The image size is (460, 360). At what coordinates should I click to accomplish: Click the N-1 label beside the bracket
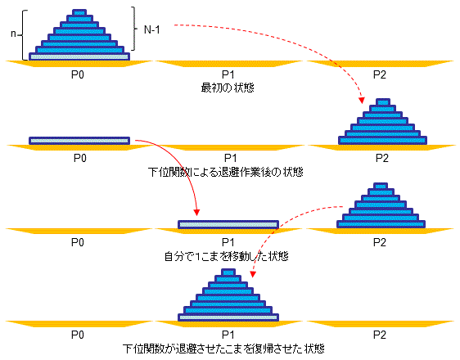[152, 30]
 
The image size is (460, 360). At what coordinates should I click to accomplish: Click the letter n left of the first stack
[13, 34]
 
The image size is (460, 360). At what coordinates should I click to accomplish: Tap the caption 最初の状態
[228, 88]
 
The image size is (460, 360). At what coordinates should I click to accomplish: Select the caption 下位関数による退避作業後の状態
[226, 172]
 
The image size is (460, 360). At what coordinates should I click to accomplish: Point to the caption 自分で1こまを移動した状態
[226, 257]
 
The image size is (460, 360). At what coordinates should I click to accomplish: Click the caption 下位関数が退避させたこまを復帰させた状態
[223, 349]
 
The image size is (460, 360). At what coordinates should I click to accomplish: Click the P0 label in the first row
[78, 74]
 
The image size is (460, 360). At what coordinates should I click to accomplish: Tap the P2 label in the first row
[379, 74]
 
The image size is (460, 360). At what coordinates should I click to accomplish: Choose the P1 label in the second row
[230, 158]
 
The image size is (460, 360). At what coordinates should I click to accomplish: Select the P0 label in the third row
[78, 242]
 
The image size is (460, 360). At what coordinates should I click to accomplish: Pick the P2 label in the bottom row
[379, 335]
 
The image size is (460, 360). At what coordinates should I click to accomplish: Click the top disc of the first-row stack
[79, 12]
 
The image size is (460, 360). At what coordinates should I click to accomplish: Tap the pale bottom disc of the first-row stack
[79, 56]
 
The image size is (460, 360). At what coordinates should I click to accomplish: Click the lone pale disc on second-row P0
[79, 141]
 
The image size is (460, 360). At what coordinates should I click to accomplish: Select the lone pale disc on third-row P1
[228, 224]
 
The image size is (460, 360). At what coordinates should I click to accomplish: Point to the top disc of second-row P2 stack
[382, 101]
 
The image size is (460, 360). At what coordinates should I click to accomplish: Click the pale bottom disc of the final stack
[228, 317]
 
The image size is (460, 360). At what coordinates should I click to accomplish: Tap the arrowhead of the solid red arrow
[196, 212]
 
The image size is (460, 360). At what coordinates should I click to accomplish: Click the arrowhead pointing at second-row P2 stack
[362, 101]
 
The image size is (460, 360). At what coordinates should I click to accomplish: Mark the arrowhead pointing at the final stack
[253, 274]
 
